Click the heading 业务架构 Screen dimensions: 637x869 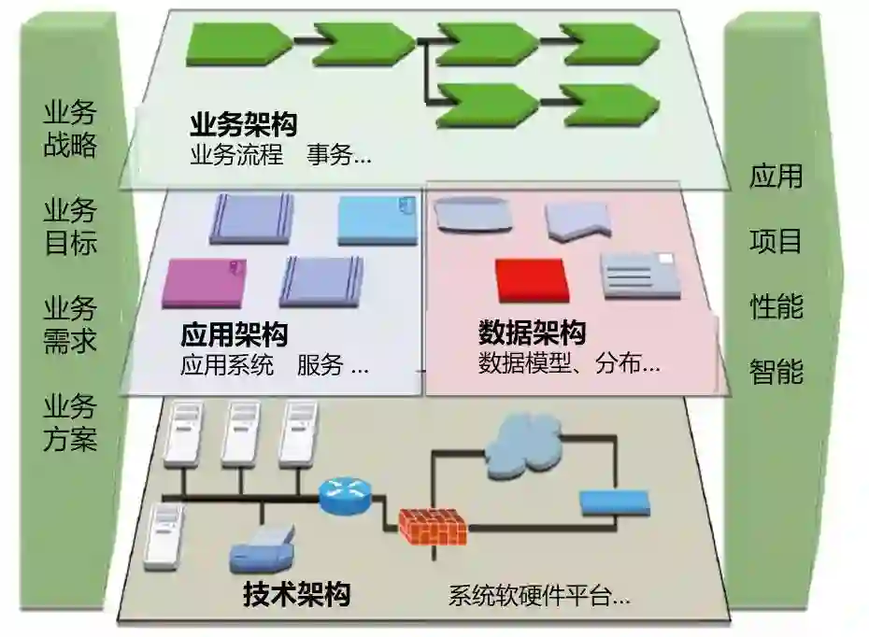click(243, 126)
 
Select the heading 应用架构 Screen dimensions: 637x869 click(234, 334)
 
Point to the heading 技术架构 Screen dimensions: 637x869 click(297, 593)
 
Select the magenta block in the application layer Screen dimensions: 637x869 click(205, 282)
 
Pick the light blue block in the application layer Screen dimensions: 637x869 click(376, 219)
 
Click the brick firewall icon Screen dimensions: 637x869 click(433, 528)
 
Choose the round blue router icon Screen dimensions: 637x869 click(346, 494)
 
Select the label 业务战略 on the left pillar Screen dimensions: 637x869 click(70, 130)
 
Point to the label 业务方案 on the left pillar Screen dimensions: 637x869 click(70, 422)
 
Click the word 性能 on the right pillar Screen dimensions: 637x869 click(776, 305)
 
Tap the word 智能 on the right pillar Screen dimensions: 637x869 click(776, 372)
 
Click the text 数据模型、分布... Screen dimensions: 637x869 click(569, 364)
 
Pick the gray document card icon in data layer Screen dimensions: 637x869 click(640, 275)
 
